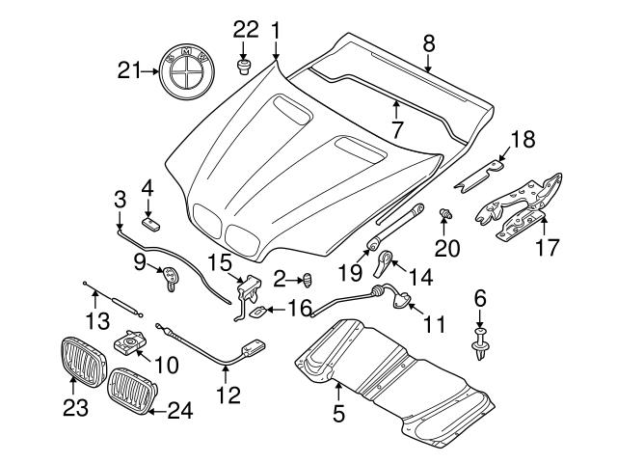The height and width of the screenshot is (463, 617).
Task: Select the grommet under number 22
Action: [244, 66]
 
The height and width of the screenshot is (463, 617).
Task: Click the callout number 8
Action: [429, 41]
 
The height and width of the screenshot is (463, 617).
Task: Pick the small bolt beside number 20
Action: [445, 211]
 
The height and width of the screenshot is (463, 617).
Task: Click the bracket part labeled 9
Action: [171, 277]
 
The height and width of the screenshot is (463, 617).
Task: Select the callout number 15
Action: [220, 262]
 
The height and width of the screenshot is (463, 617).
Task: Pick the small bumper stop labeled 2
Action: [308, 280]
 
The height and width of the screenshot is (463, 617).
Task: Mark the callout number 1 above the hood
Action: [276, 32]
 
